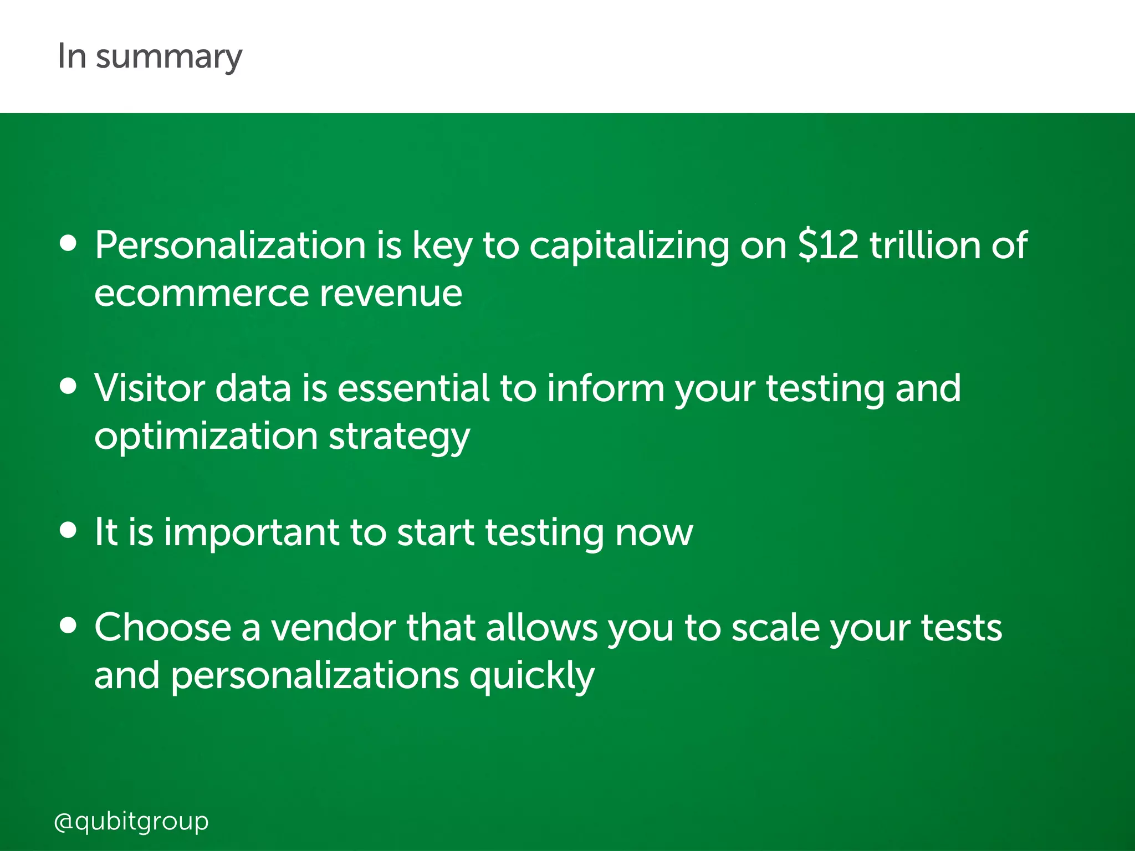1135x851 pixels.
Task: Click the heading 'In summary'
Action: pyautogui.click(x=150, y=57)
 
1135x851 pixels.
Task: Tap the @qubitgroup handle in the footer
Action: pyautogui.click(x=131, y=821)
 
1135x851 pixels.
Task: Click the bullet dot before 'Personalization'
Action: pyautogui.click(x=68, y=244)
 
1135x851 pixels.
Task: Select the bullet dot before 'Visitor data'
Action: pyautogui.click(x=68, y=387)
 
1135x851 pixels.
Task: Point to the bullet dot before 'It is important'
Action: pyautogui.click(x=68, y=530)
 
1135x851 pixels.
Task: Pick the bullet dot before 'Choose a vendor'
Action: pyautogui.click(x=68, y=626)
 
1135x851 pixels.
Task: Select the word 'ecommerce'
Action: pyautogui.click(x=201, y=294)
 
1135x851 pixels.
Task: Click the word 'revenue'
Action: pyautogui.click(x=391, y=294)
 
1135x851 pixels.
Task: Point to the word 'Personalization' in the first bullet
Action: pyautogui.click(x=230, y=245)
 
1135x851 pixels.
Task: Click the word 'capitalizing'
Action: pyautogui.click(x=629, y=245)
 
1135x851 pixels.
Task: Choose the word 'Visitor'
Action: pyautogui.click(x=150, y=388)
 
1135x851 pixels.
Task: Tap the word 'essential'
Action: pyautogui.click(x=413, y=388)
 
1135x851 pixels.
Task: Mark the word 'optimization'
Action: pyautogui.click(x=206, y=437)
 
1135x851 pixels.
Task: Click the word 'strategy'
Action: pyautogui.click(x=399, y=437)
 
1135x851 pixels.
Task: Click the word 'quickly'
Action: pyautogui.click(x=532, y=676)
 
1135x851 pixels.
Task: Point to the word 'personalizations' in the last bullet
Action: pyautogui.click(x=315, y=676)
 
